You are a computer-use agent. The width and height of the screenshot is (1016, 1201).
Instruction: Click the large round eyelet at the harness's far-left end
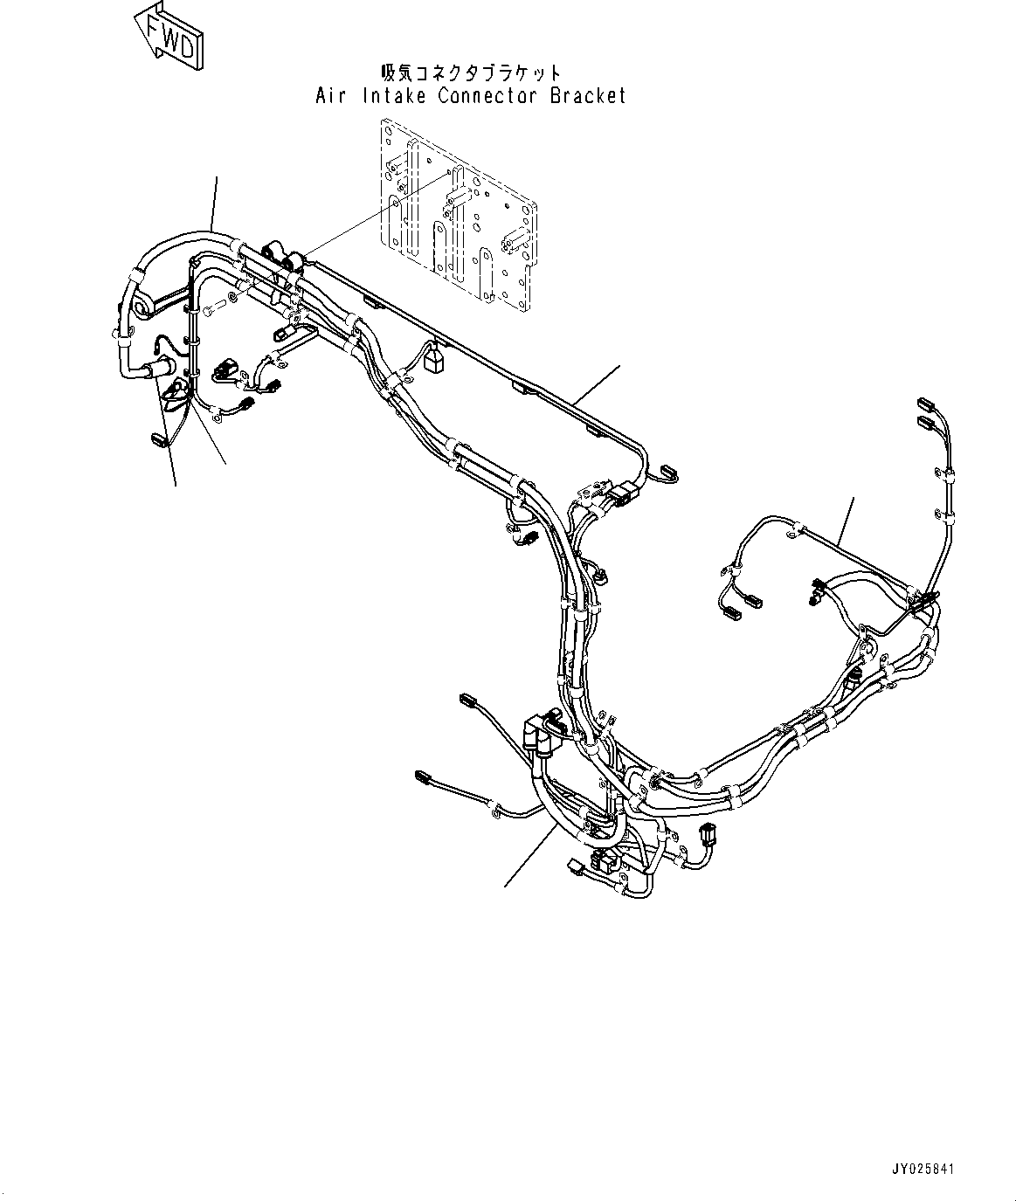click(142, 303)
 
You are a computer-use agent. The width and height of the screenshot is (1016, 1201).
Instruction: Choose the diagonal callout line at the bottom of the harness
click(528, 856)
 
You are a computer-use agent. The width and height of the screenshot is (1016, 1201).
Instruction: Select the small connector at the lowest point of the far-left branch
click(158, 438)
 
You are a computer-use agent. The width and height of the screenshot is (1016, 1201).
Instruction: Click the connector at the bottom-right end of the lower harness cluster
click(705, 836)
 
